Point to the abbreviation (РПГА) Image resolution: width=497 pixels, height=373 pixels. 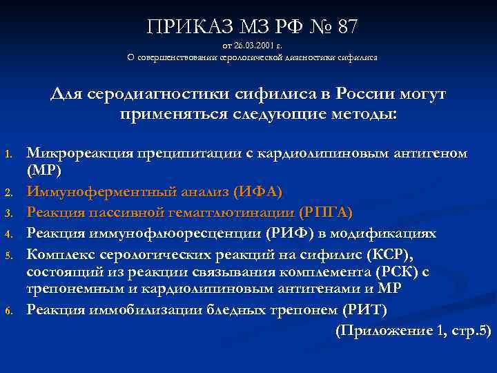[326, 211]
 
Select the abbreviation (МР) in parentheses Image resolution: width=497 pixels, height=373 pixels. [44, 170]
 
